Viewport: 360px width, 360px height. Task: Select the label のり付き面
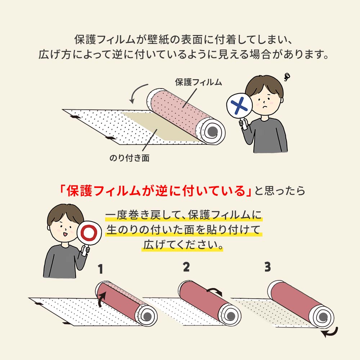[129, 158]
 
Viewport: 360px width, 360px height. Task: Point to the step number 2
[186, 267]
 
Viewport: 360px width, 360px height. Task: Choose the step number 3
[267, 267]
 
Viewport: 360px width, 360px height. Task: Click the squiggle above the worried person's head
[287, 76]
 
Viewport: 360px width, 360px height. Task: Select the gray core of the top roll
[212, 131]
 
